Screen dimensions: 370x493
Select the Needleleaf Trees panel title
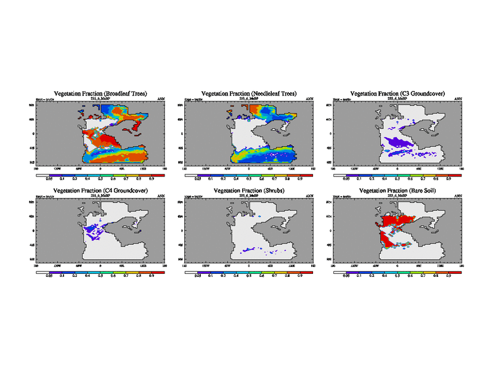pyautogui.click(x=250, y=93)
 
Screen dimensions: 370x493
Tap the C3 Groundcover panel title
pyautogui.click(x=398, y=93)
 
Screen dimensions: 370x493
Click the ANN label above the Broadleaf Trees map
pyautogui.click(x=161, y=99)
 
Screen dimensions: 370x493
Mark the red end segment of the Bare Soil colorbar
pyautogui.click(x=456, y=272)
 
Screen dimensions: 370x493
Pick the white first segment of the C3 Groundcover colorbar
pyautogui.click(x=340, y=175)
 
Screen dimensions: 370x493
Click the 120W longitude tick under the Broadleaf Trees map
pyautogui.click(x=57, y=168)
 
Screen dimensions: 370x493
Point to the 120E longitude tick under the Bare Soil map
pyautogui.click(x=441, y=265)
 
